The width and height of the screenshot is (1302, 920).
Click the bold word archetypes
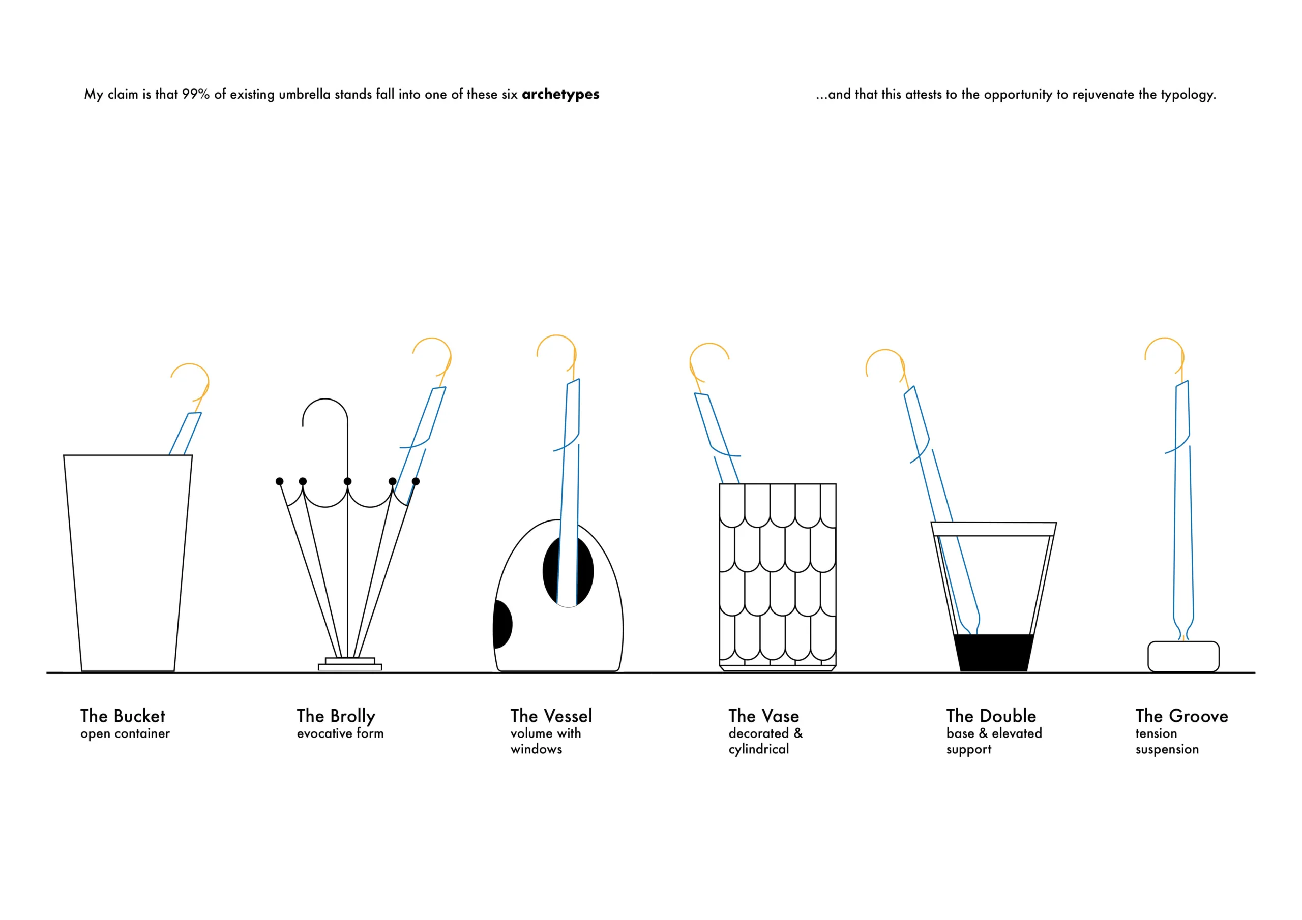pyautogui.click(x=560, y=95)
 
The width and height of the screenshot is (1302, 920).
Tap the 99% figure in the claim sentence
pyautogui.click(x=196, y=94)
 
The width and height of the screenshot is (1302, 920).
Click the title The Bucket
pyautogui.click(x=123, y=716)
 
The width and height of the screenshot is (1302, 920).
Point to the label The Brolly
pyautogui.click(x=336, y=717)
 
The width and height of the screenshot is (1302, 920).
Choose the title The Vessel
pyautogui.click(x=551, y=716)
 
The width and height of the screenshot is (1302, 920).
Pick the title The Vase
pyautogui.click(x=764, y=716)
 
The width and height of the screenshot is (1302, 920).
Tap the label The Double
pyautogui.click(x=991, y=716)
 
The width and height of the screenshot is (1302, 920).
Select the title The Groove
pyautogui.click(x=1182, y=716)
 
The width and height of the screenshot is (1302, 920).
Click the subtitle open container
pyautogui.click(x=125, y=734)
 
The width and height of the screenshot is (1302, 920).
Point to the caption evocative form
pyautogui.click(x=340, y=733)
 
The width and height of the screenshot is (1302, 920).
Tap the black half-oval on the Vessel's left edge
pyautogui.click(x=502, y=624)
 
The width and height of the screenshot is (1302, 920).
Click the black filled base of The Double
pyautogui.click(x=994, y=653)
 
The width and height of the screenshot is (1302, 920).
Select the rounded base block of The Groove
pyautogui.click(x=1183, y=656)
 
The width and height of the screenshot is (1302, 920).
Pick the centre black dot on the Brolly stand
pyautogui.click(x=347, y=481)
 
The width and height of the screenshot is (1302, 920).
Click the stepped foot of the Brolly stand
pyautogui.click(x=350, y=664)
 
